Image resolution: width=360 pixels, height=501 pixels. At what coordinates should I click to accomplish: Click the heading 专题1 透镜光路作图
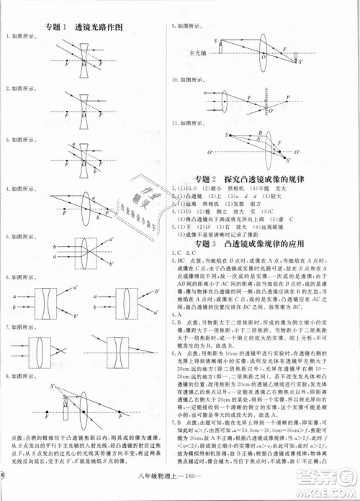89,27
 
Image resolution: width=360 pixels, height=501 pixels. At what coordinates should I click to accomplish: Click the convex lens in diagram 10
222,97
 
